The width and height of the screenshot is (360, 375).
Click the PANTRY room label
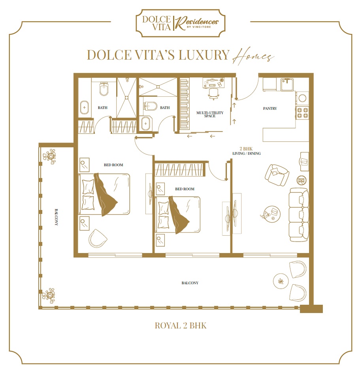[x=270, y=109]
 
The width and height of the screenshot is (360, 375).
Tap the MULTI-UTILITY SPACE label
[x=210, y=114]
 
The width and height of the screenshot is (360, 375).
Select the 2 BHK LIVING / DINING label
[x=247, y=151]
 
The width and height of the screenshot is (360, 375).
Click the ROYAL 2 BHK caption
[x=181, y=326]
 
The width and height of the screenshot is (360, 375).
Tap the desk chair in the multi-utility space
[x=214, y=93]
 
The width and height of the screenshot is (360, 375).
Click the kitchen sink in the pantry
[x=287, y=83]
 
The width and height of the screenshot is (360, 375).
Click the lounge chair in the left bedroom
[x=98, y=239]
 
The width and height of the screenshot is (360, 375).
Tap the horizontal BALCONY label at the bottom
[x=190, y=283]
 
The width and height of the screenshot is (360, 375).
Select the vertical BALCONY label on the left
[x=56, y=217]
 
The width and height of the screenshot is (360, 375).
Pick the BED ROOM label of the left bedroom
[x=114, y=165]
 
